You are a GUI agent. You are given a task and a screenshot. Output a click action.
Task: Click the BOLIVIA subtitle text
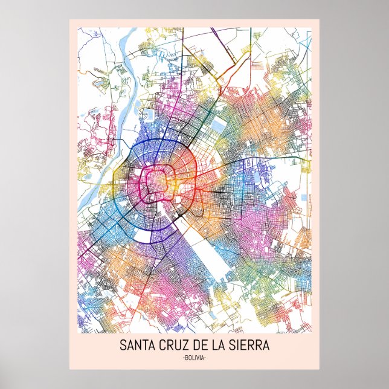point(194,358)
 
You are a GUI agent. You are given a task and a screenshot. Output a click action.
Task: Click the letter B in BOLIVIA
point(185,358)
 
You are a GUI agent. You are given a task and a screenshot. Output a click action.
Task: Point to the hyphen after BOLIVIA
point(206,358)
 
